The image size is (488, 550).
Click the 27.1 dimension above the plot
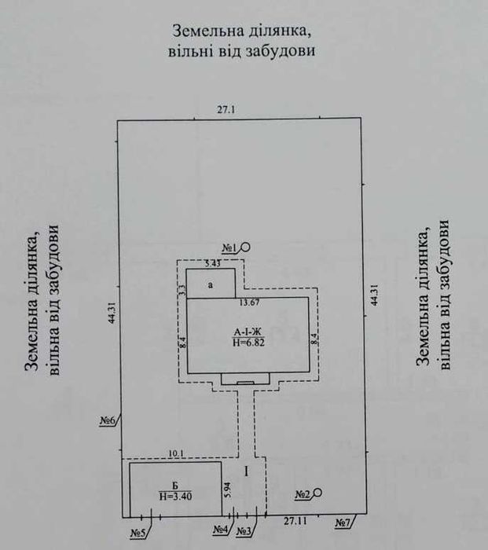click(226, 111)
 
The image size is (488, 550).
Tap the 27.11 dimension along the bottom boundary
click(296, 521)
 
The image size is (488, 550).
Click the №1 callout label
click(230, 248)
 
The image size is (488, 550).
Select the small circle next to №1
click(245, 247)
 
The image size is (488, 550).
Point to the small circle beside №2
click(318, 493)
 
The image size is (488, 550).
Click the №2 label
click(303, 495)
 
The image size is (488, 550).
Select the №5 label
click(139, 534)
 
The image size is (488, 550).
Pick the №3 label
click(244, 531)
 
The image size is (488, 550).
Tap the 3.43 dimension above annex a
click(211, 262)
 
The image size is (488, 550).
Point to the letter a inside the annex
click(211, 285)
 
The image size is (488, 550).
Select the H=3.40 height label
click(174, 496)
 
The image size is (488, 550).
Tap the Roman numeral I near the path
click(246, 471)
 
